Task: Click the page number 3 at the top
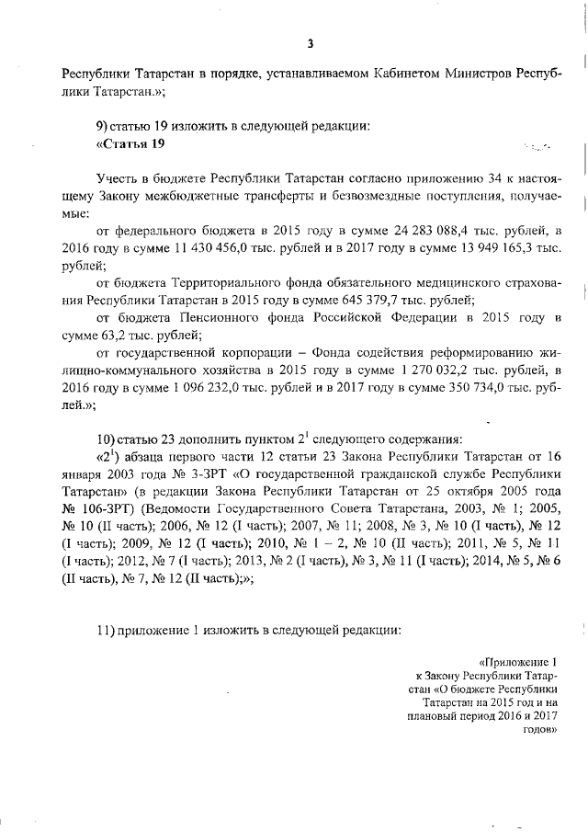click(x=311, y=42)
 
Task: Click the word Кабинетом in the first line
click(x=374, y=73)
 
